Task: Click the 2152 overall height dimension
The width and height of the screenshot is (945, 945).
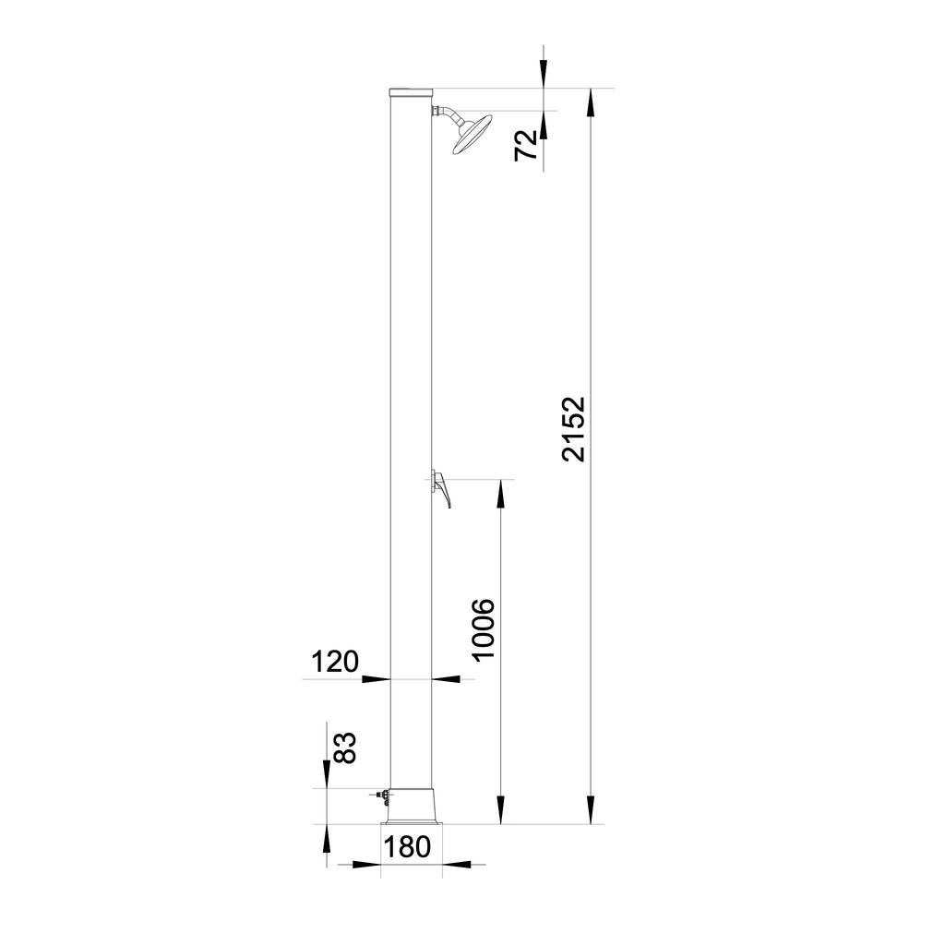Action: click(x=573, y=428)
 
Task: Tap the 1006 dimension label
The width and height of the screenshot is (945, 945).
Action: click(x=484, y=629)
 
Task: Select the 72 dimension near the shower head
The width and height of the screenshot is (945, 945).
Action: click(x=526, y=145)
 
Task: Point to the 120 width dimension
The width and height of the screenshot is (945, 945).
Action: click(x=334, y=662)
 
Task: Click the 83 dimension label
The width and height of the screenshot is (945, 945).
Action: click(x=345, y=748)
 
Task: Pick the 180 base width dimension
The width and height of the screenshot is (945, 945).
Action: click(x=407, y=847)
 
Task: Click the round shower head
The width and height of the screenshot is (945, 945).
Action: click(x=472, y=134)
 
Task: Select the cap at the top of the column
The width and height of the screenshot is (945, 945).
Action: click(x=411, y=92)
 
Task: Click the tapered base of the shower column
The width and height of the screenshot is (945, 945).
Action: click(x=412, y=807)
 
